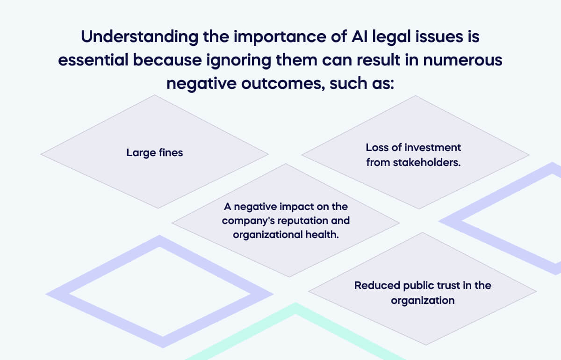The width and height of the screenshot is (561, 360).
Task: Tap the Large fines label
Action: tap(154, 152)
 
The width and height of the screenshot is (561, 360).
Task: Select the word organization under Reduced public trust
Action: tap(423, 300)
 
